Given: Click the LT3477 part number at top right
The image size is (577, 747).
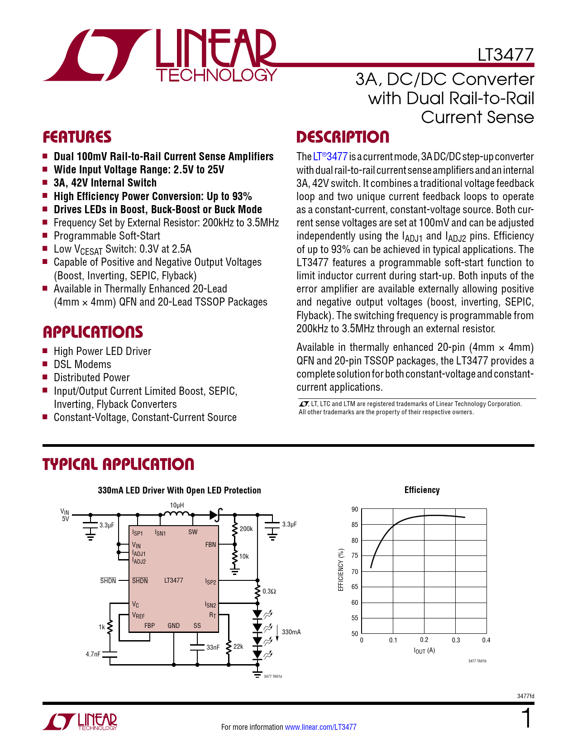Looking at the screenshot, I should (x=505, y=55).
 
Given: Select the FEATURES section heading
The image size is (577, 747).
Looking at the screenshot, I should (x=77, y=137).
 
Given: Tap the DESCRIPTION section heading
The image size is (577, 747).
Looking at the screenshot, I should (x=343, y=137).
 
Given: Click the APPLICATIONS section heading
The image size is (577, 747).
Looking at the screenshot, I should (x=93, y=332).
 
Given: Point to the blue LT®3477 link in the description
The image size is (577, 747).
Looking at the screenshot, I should (x=330, y=157).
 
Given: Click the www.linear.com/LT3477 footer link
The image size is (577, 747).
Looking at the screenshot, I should (x=320, y=727).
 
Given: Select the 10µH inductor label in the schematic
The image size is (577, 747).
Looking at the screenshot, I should (x=177, y=505).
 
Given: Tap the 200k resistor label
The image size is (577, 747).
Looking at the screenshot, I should (x=246, y=529).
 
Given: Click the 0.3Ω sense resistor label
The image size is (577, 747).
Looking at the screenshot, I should (x=269, y=591).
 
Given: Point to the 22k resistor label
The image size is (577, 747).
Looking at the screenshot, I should (x=238, y=646).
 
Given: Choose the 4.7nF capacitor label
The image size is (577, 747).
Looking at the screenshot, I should (x=93, y=654).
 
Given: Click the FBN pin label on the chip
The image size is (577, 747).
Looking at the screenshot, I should (x=210, y=545).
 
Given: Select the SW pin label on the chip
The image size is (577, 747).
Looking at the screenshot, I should (x=193, y=532).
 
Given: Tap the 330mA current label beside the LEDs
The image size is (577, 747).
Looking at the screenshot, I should (x=291, y=632).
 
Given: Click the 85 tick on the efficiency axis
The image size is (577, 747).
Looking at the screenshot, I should (x=355, y=525).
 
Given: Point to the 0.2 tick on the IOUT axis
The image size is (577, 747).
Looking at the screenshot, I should (x=424, y=640).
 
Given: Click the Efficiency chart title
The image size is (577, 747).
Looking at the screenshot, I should (x=422, y=490).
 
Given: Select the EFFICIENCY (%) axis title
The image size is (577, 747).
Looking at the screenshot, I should (x=341, y=570).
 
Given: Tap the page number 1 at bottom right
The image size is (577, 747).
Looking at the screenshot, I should (x=526, y=719).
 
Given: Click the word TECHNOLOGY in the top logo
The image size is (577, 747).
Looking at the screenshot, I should (x=216, y=75).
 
